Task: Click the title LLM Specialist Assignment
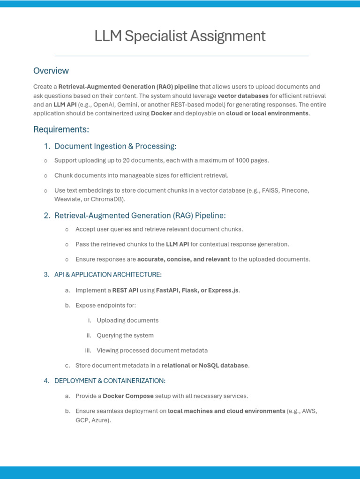click(x=180, y=36)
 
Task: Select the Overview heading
click(x=51, y=71)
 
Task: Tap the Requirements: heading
click(x=61, y=129)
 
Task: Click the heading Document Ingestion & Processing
click(x=115, y=146)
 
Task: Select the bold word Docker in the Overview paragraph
click(x=161, y=113)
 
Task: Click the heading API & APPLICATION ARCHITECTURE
click(x=108, y=275)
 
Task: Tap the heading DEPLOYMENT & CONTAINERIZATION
click(x=110, y=381)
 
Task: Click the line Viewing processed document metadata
click(x=152, y=351)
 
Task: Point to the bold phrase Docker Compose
click(x=128, y=396)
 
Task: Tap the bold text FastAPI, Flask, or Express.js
click(x=197, y=291)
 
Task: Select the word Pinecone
click(x=295, y=191)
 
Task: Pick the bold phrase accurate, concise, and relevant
click(x=183, y=259)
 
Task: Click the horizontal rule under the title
click(x=181, y=56)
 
